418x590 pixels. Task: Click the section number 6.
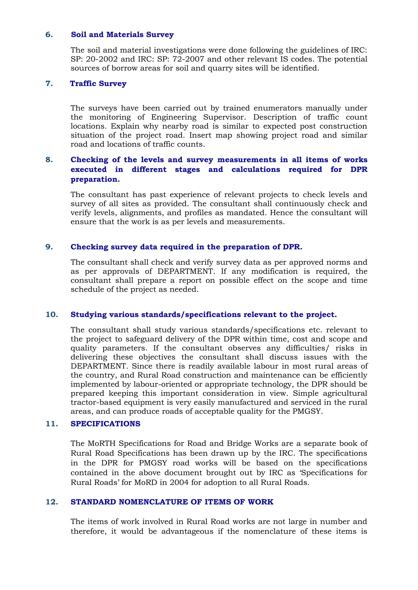49,35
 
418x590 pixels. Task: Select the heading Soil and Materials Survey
122,35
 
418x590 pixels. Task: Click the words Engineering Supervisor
198,117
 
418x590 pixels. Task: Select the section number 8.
49,160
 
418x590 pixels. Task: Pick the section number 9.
49,247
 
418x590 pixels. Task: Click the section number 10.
52,315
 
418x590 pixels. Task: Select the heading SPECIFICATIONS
105,424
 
